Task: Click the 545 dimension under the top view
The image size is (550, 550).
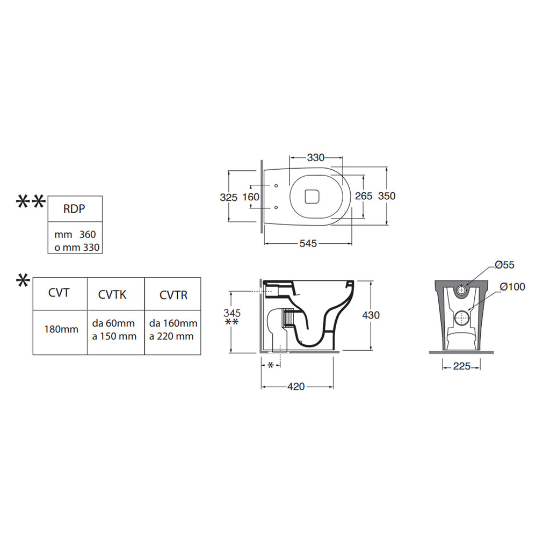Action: point(308,243)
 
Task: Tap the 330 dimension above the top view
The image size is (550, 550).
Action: point(316,158)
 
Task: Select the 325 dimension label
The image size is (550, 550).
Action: point(229,198)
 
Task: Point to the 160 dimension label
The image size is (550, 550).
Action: point(251,197)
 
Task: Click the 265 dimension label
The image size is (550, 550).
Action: point(364,196)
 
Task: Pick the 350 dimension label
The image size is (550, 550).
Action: point(387,196)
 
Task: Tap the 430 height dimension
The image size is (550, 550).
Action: point(371,315)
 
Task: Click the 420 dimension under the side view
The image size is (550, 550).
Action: point(296,387)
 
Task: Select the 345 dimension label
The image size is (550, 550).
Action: point(232,313)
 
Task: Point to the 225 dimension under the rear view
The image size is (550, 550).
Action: point(461,366)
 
